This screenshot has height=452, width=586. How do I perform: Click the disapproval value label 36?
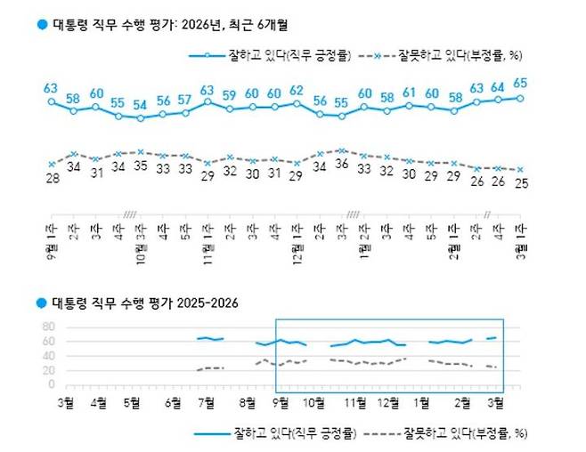click(x=341, y=165)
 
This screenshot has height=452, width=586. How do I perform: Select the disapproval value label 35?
click(x=140, y=165)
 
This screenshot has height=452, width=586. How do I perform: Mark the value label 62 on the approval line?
click(x=297, y=90)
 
